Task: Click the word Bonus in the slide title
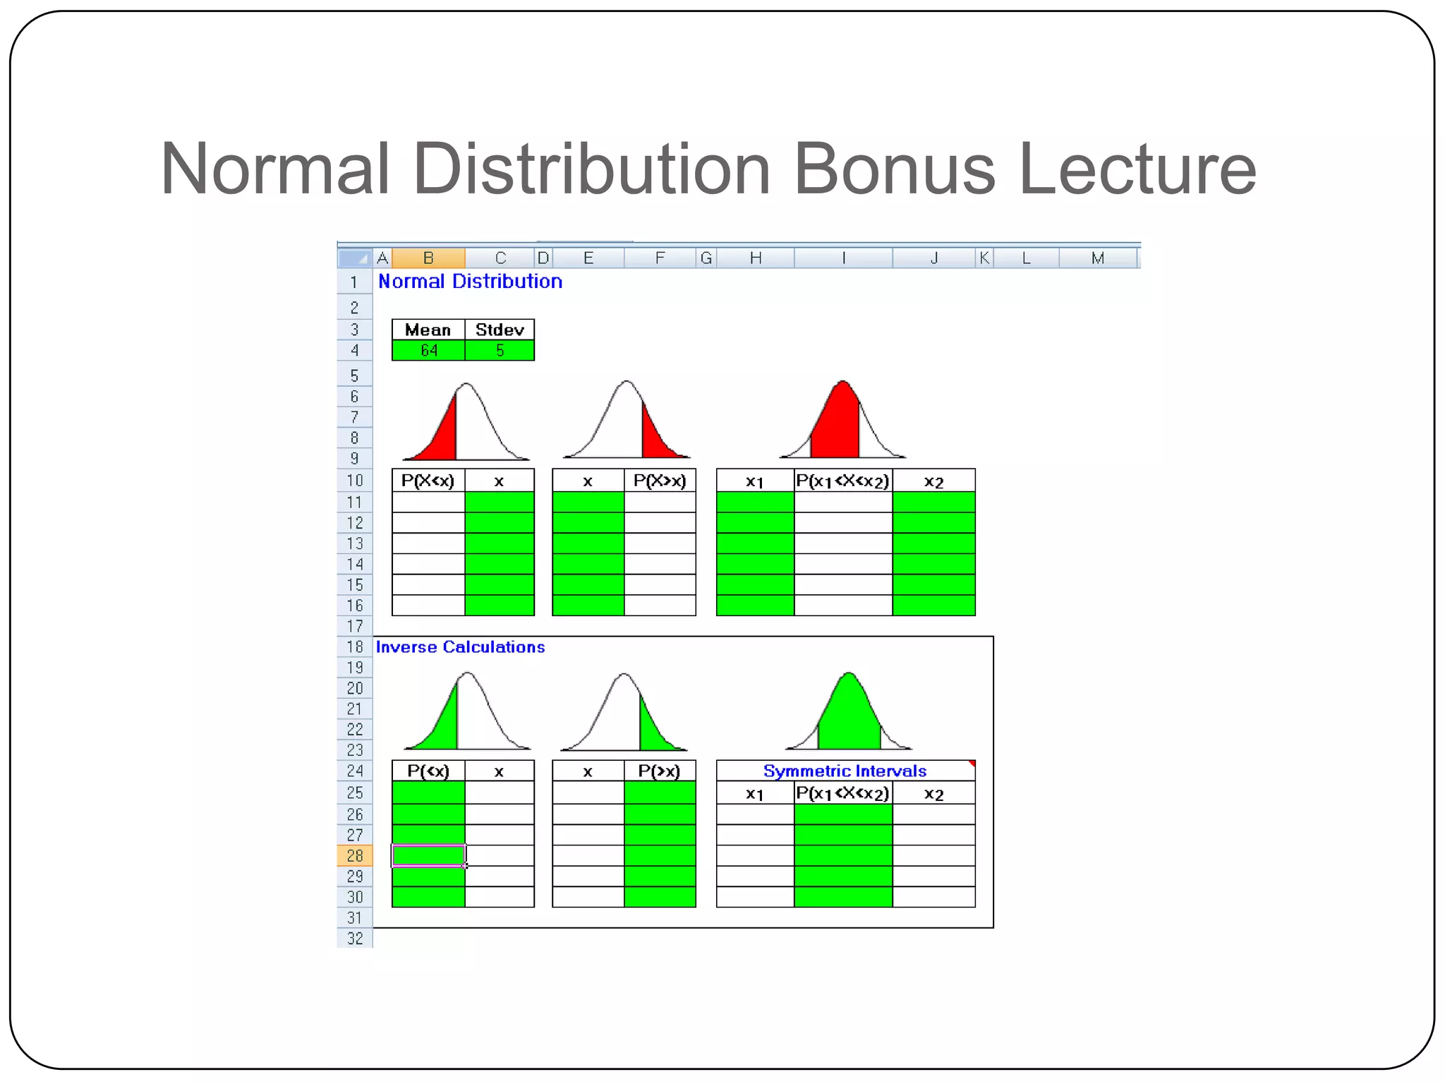click(x=894, y=169)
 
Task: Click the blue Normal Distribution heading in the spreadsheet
click(x=470, y=282)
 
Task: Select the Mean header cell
click(x=428, y=330)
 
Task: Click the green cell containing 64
click(x=428, y=351)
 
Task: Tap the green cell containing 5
click(x=500, y=351)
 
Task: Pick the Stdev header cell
click(x=500, y=330)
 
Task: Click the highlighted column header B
click(x=428, y=258)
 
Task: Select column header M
click(x=1097, y=258)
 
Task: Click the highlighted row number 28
click(x=354, y=856)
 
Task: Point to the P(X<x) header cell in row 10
click(x=428, y=481)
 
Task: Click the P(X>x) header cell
click(x=660, y=481)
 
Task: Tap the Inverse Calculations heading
click(x=460, y=647)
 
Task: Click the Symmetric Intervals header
click(x=845, y=771)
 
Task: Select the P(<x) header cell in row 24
click(x=428, y=771)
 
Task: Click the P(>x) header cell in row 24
click(x=660, y=771)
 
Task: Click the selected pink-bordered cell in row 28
click(x=428, y=856)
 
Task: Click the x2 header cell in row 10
click(x=933, y=481)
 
